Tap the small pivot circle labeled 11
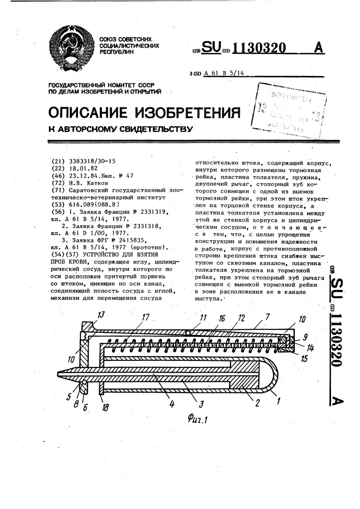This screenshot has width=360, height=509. point(188,333)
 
